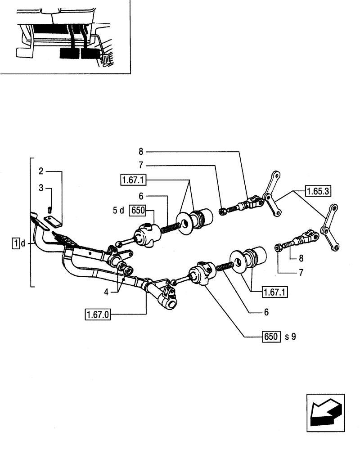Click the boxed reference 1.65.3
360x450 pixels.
[x=318, y=190]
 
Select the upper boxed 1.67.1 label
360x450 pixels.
[x=134, y=180]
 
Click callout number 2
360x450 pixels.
[x=40, y=171]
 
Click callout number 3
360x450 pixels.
[x=40, y=188]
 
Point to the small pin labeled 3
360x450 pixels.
[x=50, y=208]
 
